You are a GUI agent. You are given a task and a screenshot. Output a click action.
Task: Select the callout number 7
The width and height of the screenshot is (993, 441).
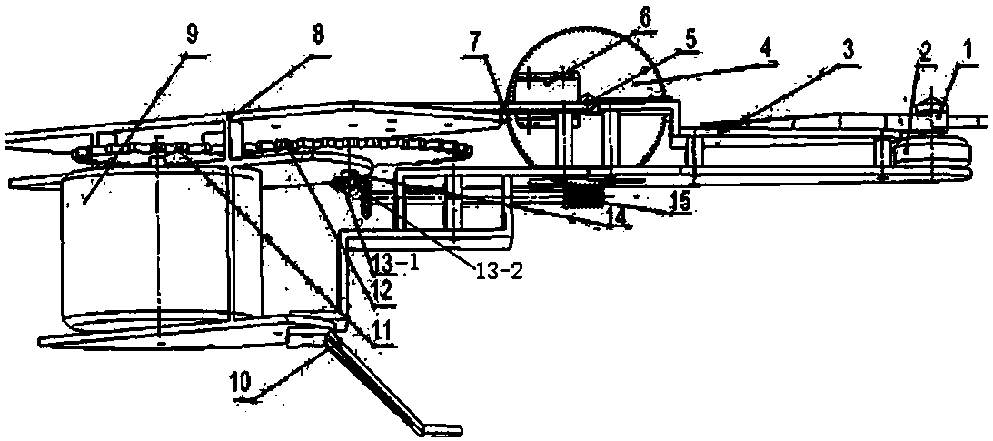pos(476,42)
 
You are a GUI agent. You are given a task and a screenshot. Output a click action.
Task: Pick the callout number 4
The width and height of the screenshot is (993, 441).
pos(769,42)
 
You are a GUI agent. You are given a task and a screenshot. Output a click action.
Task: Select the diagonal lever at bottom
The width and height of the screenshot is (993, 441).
pos(382,382)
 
